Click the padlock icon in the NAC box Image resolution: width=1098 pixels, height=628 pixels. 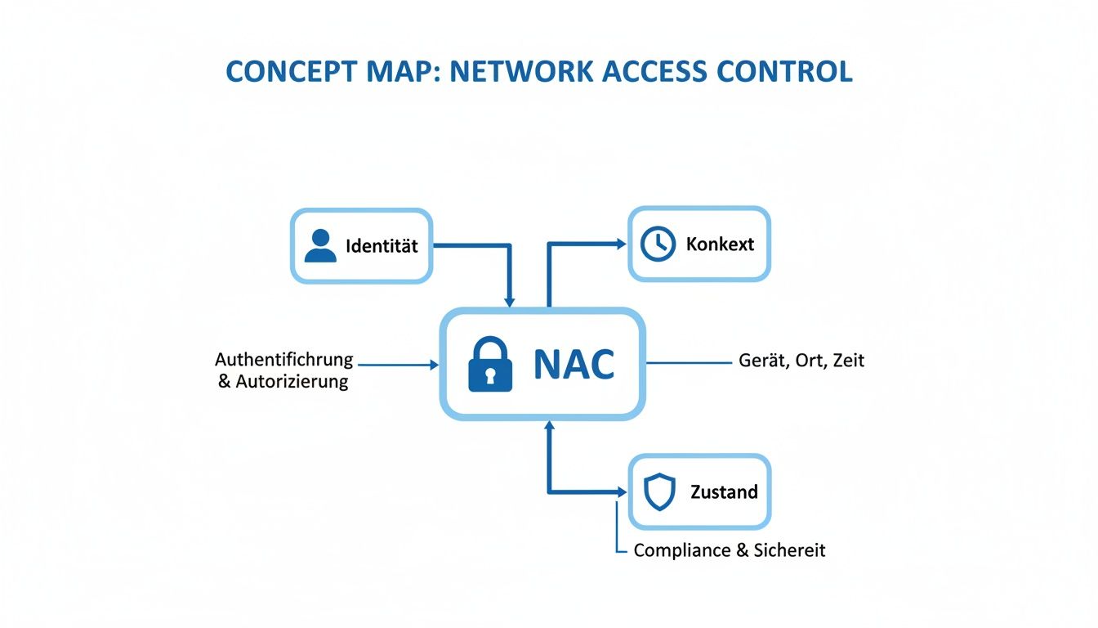[490, 365]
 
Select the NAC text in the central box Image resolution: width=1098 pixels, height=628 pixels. [574, 365]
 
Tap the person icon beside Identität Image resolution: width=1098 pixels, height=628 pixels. [320, 245]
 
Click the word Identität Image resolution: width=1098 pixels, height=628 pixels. [382, 246]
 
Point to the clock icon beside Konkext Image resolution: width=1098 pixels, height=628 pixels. [658, 244]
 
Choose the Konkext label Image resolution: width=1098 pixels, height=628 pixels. [720, 244]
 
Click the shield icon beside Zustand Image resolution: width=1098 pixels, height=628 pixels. [659, 492]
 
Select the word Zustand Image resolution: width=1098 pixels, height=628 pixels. [724, 492]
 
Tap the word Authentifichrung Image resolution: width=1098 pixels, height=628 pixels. [283, 360]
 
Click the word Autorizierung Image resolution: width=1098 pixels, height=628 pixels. [292, 381]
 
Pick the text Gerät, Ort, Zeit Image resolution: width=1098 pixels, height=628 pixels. [801, 360]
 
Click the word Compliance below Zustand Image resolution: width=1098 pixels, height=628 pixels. [682, 550]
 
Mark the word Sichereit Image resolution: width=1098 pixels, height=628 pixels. [790, 550]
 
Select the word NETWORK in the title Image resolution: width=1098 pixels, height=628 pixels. [522, 72]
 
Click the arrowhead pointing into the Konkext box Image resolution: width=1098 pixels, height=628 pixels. [621, 244]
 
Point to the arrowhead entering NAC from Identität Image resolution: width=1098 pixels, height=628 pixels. [511, 302]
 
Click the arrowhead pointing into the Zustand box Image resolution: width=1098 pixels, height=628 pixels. [621, 492]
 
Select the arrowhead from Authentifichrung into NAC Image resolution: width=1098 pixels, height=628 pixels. [434, 365]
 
